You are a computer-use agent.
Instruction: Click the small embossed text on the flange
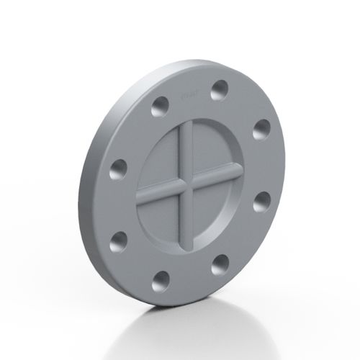tap(185, 95)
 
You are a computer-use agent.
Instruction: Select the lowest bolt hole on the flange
tap(161, 280)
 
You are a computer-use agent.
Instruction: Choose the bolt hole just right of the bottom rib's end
tap(220, 264)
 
